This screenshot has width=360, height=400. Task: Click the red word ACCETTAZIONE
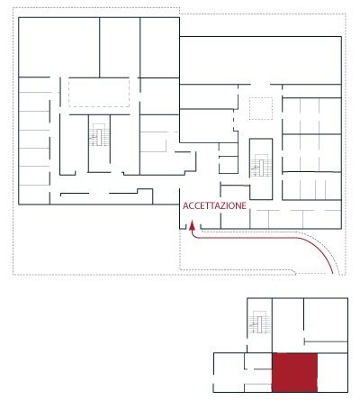click(x=214, y=205)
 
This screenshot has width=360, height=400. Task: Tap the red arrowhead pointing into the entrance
click(x=192, y=225)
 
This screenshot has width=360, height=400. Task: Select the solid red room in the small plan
click(x=294, y=372)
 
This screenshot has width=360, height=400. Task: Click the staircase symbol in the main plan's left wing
click(x=99, y=135)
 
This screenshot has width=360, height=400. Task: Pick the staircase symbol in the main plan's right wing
click(x=261, y=166)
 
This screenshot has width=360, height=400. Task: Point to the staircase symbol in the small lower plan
click(x=259, y=323)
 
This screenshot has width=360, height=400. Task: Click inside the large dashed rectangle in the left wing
click(x=99, y=92)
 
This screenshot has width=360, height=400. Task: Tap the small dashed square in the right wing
click(x=261, y=108)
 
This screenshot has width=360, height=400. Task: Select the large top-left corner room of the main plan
click(x=59, y=47)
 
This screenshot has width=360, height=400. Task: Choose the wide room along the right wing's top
click(x=260, y=60)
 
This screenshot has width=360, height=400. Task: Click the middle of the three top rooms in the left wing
click(x=120, y=47)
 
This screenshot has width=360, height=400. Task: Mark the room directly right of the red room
click(x=332, y=372)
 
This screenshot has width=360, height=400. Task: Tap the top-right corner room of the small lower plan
click(x=326, y=318)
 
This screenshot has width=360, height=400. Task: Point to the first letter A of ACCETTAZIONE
click(x=185, y=205)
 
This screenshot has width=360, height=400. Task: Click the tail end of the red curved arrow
click(x=333, y=273)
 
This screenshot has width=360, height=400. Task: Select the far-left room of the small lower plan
click(x=229, y=372)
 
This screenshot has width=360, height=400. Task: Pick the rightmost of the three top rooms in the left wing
click(x=159, y=48)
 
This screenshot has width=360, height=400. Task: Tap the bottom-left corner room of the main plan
click(x=34, y=195)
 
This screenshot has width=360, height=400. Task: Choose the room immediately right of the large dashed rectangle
click(x=159, y=96)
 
